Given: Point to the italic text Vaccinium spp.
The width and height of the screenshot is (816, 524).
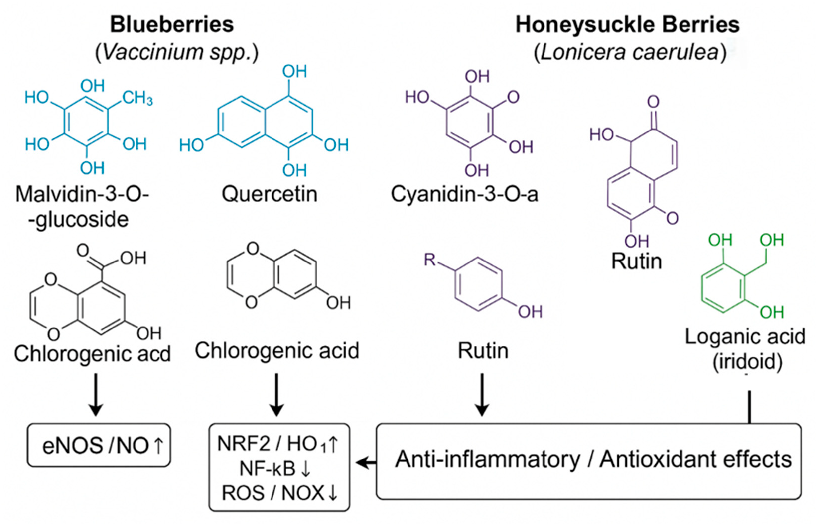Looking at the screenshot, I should [177, 52].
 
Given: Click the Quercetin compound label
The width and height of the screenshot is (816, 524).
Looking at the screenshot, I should [270, 194].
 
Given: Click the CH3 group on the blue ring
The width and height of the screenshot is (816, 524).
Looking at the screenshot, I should [137, 98].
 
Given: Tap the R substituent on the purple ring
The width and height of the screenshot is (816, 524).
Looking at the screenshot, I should [430, 260].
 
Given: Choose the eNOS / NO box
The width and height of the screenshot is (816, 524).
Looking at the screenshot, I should [99, 445].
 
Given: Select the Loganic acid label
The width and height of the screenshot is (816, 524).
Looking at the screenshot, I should [745, 337].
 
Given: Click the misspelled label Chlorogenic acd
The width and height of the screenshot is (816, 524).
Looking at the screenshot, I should [92, 354].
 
